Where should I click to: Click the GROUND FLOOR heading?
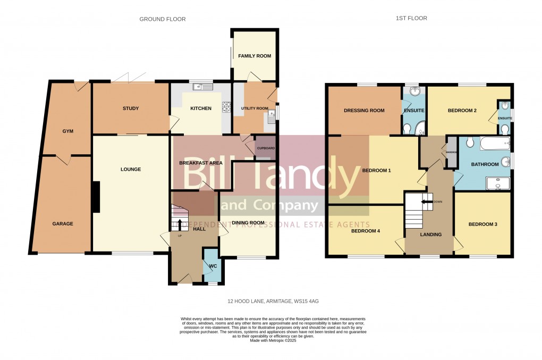pyautogui.click(x=163, y=19)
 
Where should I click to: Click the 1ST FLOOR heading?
pyautogui.click(x=411, y=18)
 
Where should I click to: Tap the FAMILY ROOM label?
pyautogui.click(x=254, y=56)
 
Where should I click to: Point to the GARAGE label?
pyautogui.click(x=63, y=223)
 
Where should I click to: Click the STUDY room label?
pyautogui.click(x=130, y=108)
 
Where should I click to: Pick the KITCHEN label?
pyautogui.click(x=201, y=108)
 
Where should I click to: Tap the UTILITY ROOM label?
pyautogui.click(x=255, y=108)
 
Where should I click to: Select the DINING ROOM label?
pyautogui.click(x=248, y=222)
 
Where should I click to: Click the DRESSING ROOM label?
pyautogui.click(x=364, y=111)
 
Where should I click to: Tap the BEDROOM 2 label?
pyautogui.click(x=462, y=111)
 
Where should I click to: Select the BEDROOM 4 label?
pyautogui.click(x=366, y=231)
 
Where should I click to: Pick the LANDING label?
pyautogui.click(x=430, y=235)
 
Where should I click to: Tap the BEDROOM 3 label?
pyautogui.click(x=482, y=224)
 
